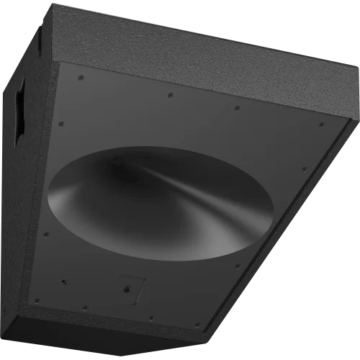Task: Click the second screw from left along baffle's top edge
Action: pos(170,94)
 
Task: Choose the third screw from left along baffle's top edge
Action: pos(238,109)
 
